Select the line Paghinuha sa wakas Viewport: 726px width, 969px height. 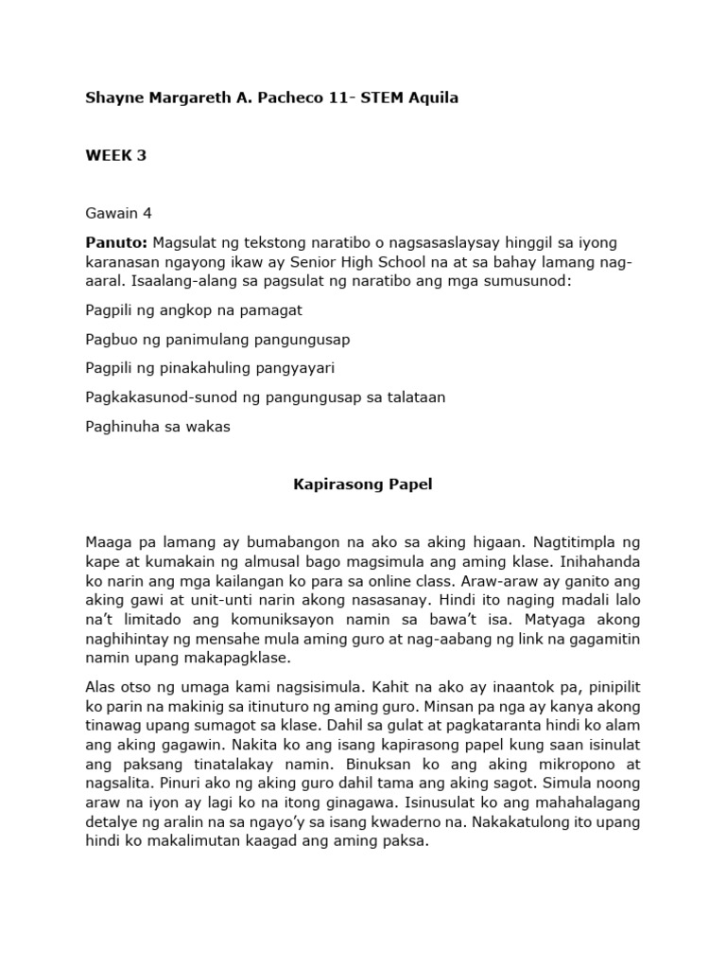click(x=158, y=427)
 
